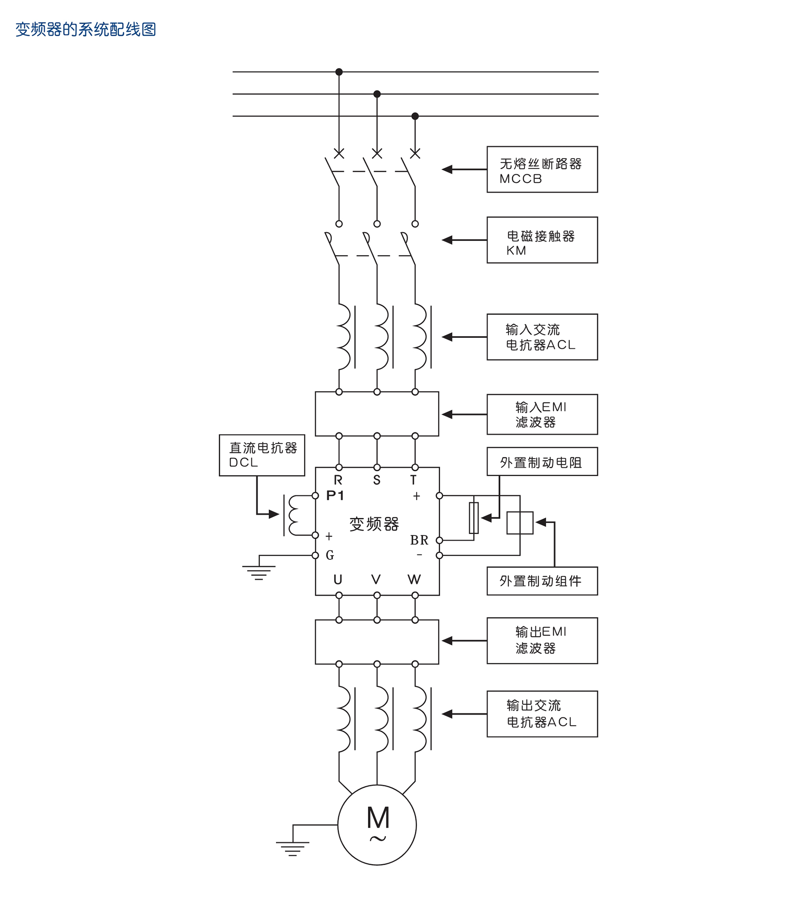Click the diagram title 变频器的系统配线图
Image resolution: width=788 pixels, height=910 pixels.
click(86, 30)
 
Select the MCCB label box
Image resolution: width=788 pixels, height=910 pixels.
click(542, 169)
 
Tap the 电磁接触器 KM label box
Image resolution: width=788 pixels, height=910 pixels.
click(542, 240)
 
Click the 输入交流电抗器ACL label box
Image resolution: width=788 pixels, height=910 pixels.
click(542, 337)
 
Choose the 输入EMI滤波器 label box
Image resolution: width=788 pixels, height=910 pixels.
click(542, 414)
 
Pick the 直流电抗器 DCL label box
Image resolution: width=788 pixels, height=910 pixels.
click(262, 455)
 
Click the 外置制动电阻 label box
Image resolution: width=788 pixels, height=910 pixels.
click(542, 462)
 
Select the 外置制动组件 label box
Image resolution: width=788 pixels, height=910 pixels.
click(542, 581)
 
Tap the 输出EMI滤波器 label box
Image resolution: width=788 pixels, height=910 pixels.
click(542, 640)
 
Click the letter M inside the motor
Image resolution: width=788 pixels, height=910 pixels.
click(378, 818)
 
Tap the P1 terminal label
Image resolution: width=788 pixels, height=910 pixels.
click(335, 496)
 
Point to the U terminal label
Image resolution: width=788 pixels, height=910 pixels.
click(338, 580)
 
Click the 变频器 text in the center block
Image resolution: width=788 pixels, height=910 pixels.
click(374, 524)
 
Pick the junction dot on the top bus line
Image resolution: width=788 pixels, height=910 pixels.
click(339, 72)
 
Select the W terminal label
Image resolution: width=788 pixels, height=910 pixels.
click(414, 580)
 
